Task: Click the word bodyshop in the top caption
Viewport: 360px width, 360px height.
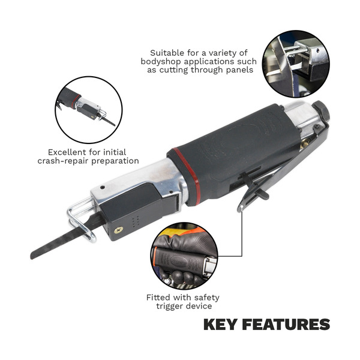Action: tap(165, 62)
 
